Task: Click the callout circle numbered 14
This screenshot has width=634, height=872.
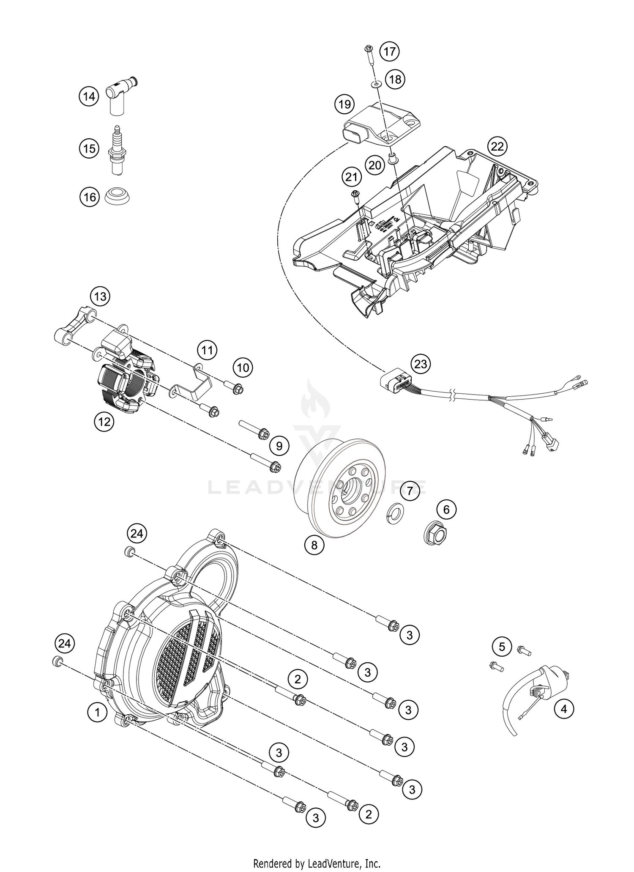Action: coord(89,96)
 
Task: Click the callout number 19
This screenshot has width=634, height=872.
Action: coord(344,104)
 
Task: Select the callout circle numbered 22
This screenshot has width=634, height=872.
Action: coord(497,147)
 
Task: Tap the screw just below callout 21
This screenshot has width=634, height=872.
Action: coord(355,195)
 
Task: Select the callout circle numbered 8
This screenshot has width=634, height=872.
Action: coord(314,545)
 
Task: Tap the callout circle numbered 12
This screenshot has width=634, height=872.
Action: coord(104,421)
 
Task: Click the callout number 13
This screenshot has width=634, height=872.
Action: coord(100,296)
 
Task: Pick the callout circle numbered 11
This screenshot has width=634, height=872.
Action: coord(207,350)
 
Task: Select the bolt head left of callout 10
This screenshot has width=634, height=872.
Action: coord(237,389)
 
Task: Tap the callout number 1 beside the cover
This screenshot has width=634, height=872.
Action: coord(98,712)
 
